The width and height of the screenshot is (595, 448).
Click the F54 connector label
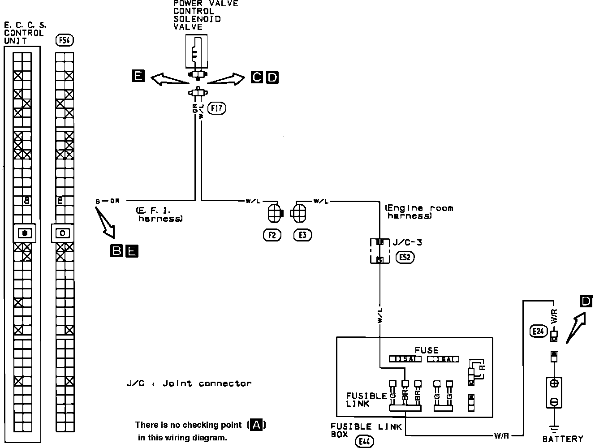pos(65,41)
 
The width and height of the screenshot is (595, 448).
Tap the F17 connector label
pos(218,108)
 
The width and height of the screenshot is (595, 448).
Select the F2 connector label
pos(272,235)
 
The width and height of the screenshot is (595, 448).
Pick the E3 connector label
pos(302,235)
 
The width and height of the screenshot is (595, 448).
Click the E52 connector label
pos(405,257)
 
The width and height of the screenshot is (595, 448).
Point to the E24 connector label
pos(537,331)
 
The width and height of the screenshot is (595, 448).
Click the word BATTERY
pos(563,439)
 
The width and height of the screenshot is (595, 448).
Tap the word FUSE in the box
pos(426,350)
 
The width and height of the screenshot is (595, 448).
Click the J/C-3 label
pos(406,243)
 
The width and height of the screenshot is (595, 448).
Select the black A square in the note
pos(257,425)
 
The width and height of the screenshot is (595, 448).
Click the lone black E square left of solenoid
pos(138,76)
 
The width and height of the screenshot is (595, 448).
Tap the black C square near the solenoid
pos(257,78)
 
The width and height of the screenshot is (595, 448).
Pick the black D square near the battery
pos(586,302)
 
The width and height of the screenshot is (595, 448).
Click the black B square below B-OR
pos(116,251)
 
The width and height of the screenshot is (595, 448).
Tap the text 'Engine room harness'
pos(419,212)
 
